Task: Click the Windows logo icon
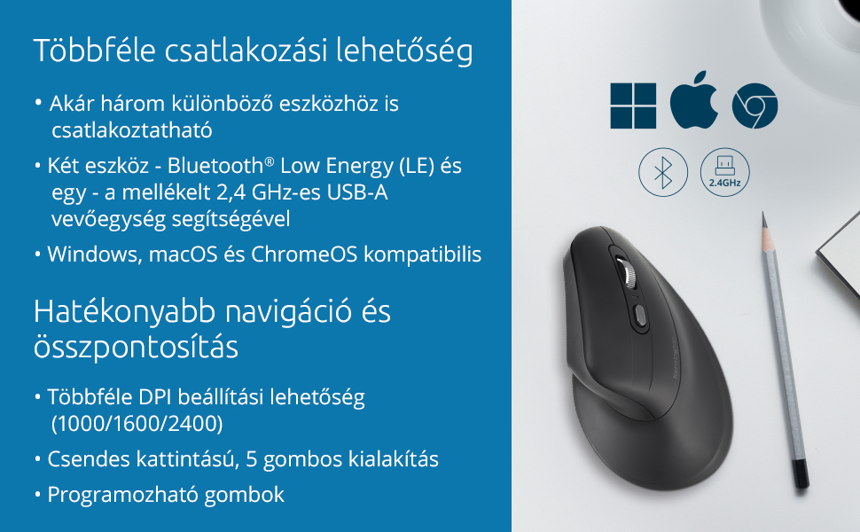pyautogui.click(x=633, y=106)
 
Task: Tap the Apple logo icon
pyautogui.click(x=694, y=100)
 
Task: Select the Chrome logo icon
pyautogui.click(x=754, y=106)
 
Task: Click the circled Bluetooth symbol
pyautogui.click(x=663, y=172)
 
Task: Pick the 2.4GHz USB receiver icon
pyautogui.click(x=724, y=172)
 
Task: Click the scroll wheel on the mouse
pyautogui.click(x=627, y=271)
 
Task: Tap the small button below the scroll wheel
pyautogui.click(x=639, y=316)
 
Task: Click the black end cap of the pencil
pyautogui.click(x=801, y=473)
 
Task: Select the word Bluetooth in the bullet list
pyautogui.click(x=215, y=166)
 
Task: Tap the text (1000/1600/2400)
pyautogui.click(x=137, y=424)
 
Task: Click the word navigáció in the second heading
pyautogui.click(x=288, y=312)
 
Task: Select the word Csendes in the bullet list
pyautogui.click(x=89, y=459)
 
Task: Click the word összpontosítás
pyautogui.click(x=136, y=347)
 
